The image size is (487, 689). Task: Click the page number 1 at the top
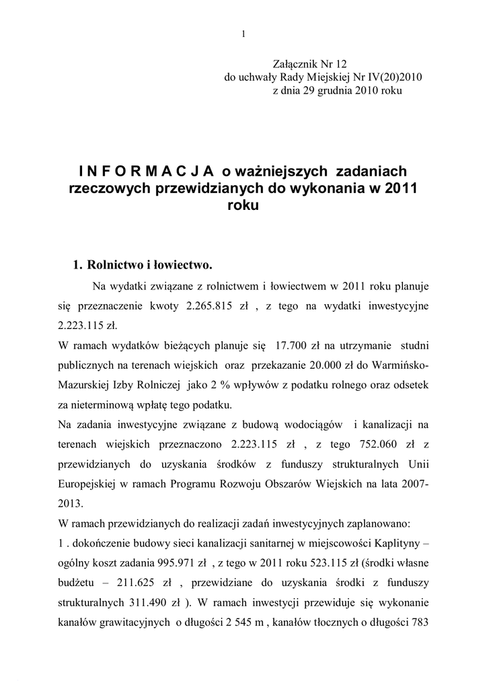tap(243, 34)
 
